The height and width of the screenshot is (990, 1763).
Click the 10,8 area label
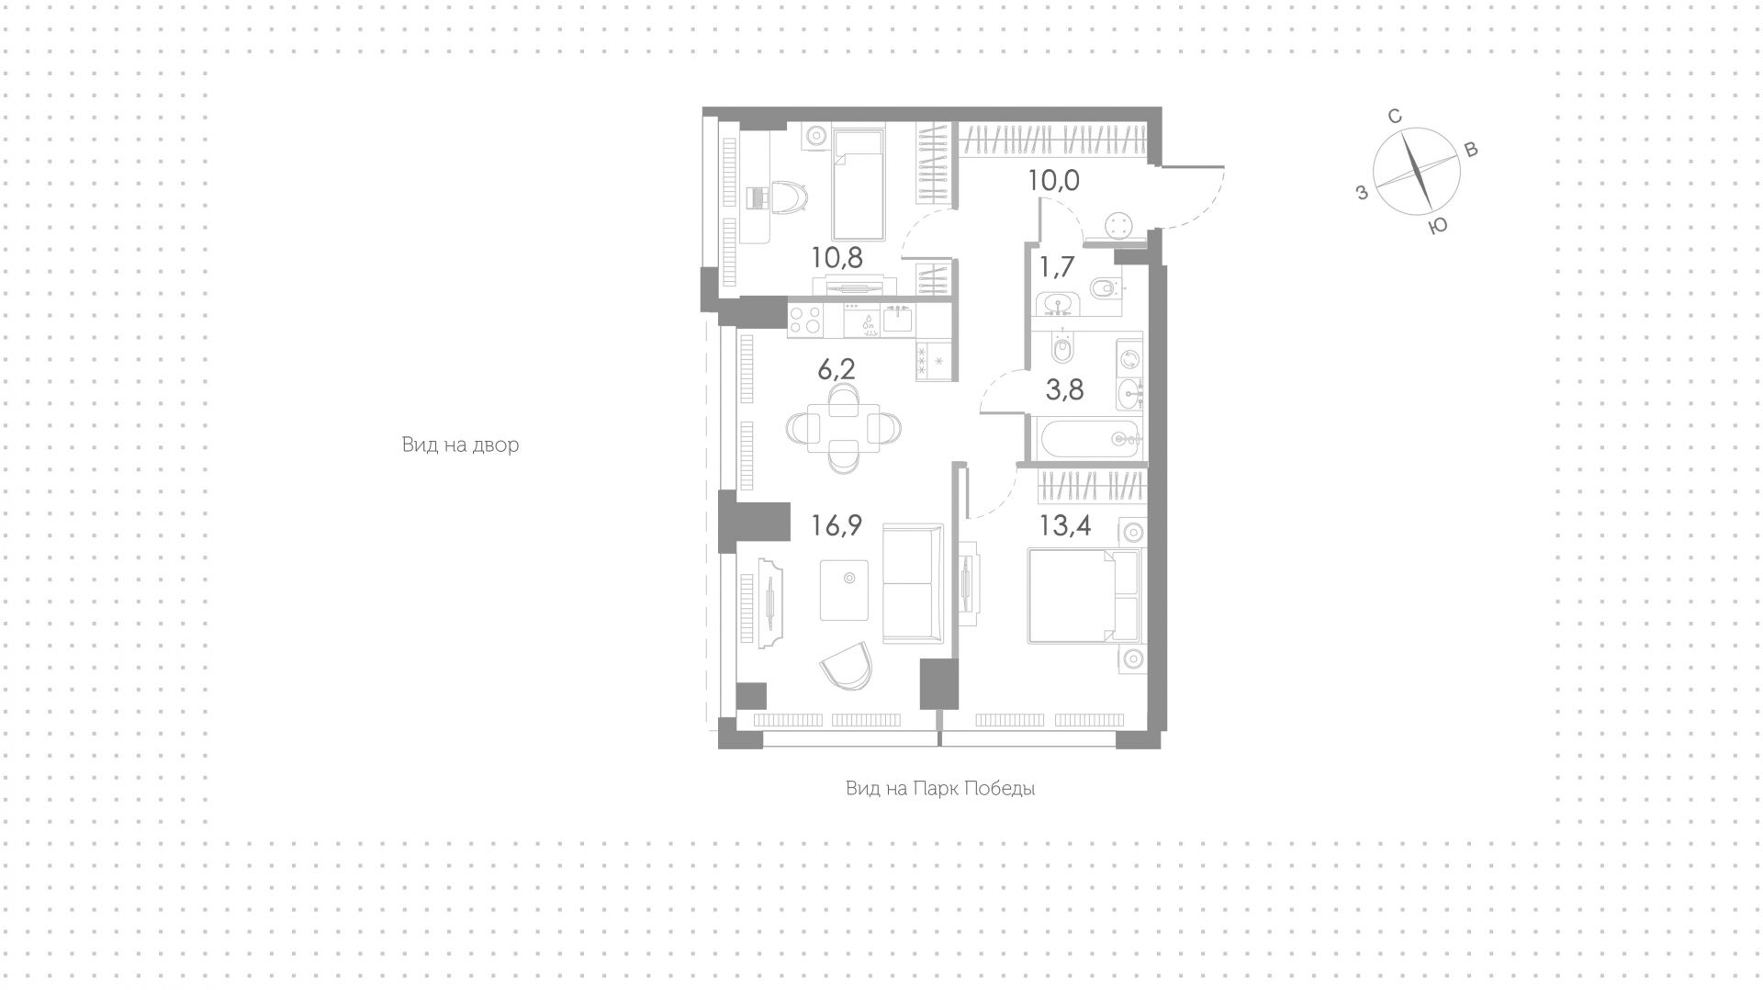pyautogui.click(x=837, y=257)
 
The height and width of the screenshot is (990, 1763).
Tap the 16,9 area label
pyautogui.click(x=837, y=525)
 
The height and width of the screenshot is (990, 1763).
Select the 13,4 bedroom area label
pyautogui.click(x=1065, y=525)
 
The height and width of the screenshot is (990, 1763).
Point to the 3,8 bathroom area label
pyautogui.click(x=1065, y=390)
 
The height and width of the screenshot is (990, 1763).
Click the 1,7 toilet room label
pyautogui.click(x=1057, y=267)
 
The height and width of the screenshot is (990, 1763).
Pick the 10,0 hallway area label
pyautogui.click(x=1053, y=181)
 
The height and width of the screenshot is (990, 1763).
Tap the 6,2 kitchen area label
pyautogui.click(x=194, y=369)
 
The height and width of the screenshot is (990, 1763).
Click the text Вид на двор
pyautogui.click(x=460, y=445)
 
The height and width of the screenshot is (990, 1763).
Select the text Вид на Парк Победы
pyautogui.click(x=940, y=789)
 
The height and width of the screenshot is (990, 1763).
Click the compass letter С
pyautogui.click(x=1394, y=117)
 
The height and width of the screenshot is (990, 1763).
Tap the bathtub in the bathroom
pyautogui.click(x=1090, y=438)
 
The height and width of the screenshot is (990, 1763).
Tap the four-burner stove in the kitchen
pyautogui.click(x=805, y=320)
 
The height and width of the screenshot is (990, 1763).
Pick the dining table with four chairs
pyautogui.click(x=844, y=428)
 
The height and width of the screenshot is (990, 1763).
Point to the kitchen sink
pyautogui.click(x=897, y=320)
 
